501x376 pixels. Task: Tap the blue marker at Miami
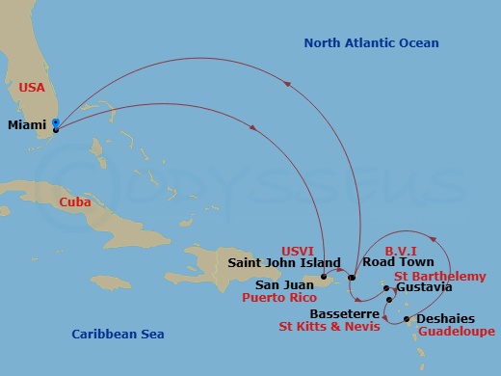pos(56,122)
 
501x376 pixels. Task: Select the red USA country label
pos(33,87)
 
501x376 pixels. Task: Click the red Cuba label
pos(74,202)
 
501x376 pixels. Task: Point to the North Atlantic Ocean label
pos(371,42)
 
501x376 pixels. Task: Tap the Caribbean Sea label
pos(118,334)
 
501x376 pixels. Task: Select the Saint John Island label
pos(284,262)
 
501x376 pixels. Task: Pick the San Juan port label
pos(286,285)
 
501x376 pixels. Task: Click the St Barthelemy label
pos(439,276)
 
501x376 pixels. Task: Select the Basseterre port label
pos(344,314)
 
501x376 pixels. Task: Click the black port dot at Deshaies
pos(407,319)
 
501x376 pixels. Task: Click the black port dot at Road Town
pos(352,278)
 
